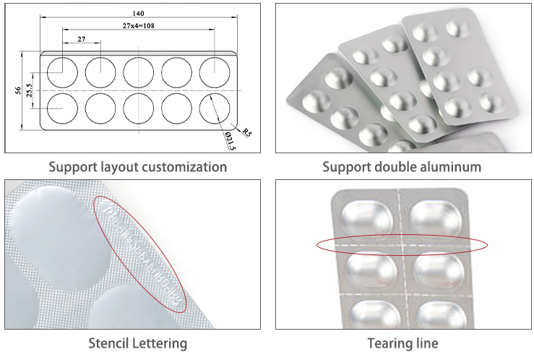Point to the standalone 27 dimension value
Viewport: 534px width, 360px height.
coord(81,39)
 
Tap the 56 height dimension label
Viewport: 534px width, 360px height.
coord(17,90)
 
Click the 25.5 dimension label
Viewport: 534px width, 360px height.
coord(29,90)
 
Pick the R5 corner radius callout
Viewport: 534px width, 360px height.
coord(246,132)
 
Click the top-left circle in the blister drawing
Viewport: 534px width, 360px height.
coord(62,72)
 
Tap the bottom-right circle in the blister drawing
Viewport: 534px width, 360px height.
coord(215,108)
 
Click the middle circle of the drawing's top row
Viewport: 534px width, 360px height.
coord(138,72)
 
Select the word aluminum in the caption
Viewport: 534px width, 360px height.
coord(447,167)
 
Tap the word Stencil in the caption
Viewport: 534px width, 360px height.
coord(111,343)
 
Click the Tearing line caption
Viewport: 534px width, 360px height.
coord(403,343)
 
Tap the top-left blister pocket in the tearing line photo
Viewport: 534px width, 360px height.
coord(367,216)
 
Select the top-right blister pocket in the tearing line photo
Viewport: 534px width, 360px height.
coord(436,216)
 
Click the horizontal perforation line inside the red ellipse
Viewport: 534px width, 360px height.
coord(402,245)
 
